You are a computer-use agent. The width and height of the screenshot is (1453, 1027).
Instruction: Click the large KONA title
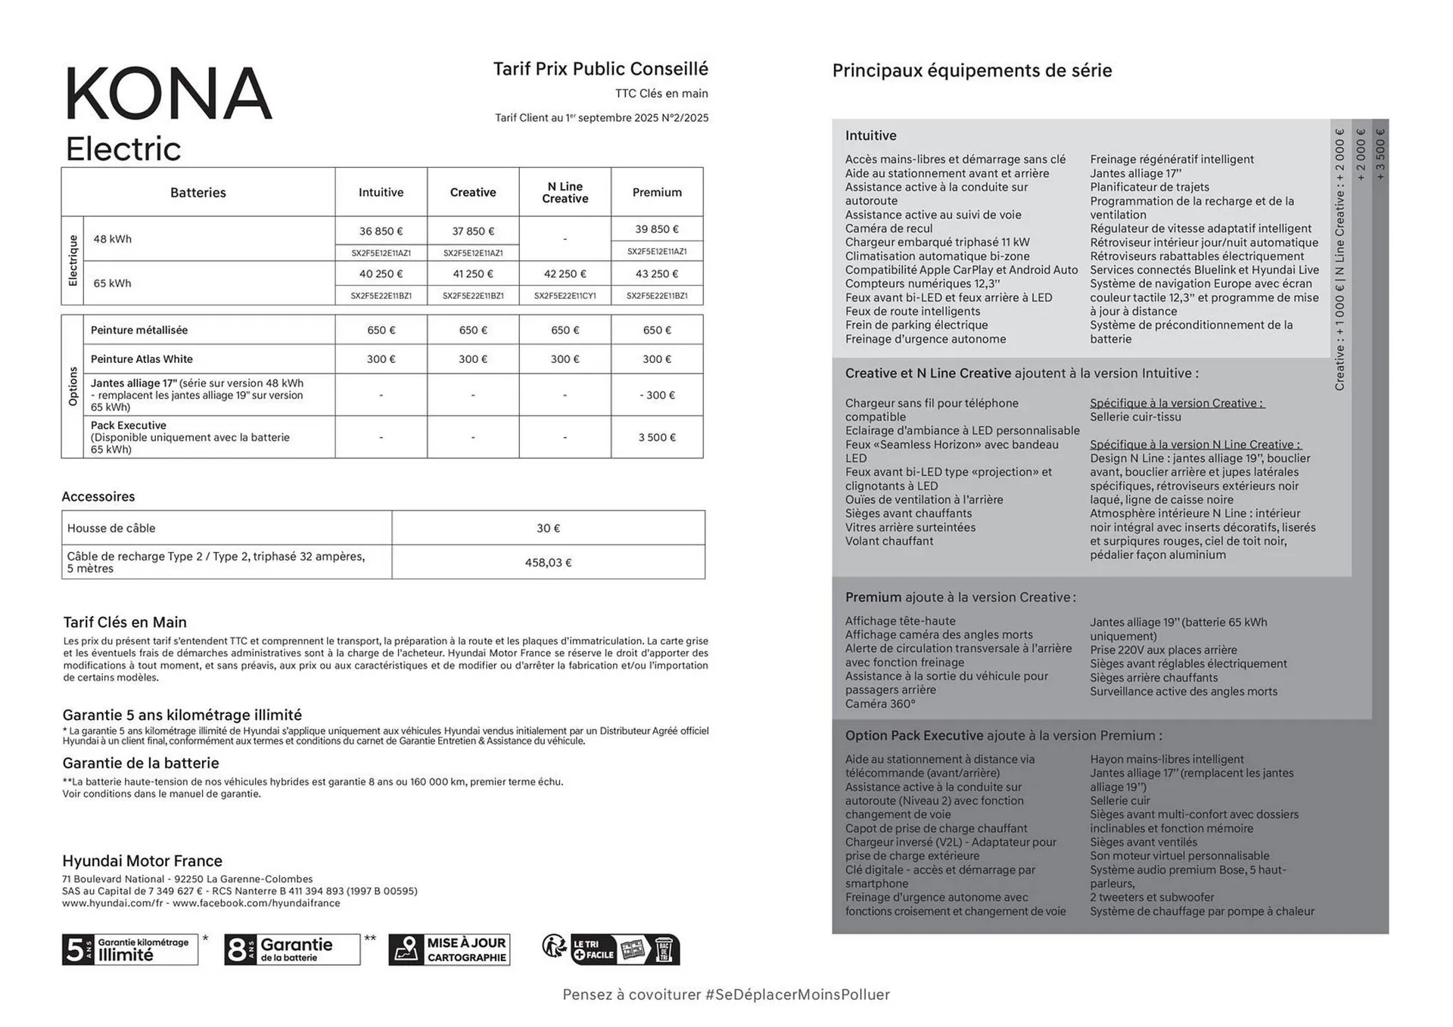coord(168,94)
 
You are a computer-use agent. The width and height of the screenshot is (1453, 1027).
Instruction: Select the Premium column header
coord(657,192)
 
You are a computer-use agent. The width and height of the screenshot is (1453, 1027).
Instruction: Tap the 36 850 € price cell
coord(381,231)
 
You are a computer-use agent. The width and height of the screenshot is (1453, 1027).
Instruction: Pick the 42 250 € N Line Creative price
coord(565,274)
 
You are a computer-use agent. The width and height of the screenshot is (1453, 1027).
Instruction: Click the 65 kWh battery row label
coord(112,283)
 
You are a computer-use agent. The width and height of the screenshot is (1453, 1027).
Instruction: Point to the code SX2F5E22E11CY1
coord(565,296)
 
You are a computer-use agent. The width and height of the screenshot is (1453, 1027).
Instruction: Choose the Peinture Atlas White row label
coord(142,359)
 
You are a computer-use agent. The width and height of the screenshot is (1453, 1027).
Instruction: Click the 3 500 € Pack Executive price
coord(657,437)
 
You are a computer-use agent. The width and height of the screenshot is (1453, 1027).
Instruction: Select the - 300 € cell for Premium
coord(657,395)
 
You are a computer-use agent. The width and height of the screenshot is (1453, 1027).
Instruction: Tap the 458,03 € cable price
coord(548,563)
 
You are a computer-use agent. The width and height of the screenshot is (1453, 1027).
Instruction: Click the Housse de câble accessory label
coord(111,528)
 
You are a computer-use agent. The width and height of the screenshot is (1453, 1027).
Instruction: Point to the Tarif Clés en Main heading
coord(125,622)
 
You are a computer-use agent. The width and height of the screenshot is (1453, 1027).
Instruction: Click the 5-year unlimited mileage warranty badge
coord(130,949)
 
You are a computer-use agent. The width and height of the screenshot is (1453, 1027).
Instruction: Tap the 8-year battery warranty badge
coord(292,949)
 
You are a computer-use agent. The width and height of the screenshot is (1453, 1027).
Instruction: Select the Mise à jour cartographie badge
coord(450,950)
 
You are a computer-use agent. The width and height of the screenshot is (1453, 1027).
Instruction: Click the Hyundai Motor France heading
coord(142,861)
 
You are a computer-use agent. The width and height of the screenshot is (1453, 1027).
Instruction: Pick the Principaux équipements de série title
coord(972,71)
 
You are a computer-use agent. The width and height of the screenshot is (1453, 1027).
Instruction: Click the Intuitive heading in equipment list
coord(870,135)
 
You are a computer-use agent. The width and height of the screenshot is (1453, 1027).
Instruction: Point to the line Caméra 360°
coord(880,704)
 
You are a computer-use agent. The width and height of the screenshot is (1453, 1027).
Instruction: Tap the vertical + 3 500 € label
coord(1380,154)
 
